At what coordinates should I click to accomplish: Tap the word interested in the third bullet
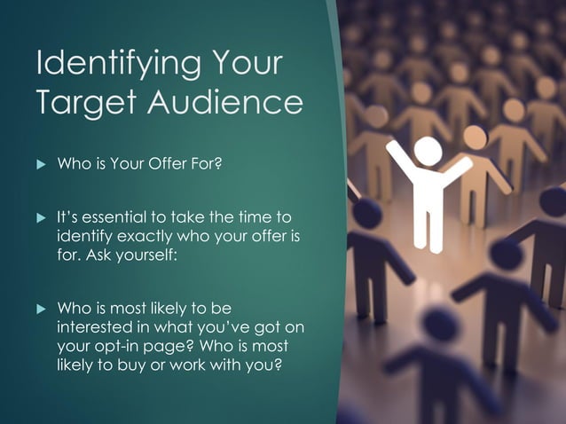(91, 326)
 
